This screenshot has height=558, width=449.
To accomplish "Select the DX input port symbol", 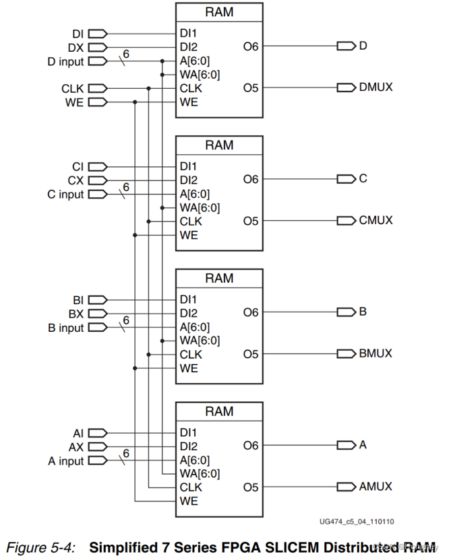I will pos(97,47).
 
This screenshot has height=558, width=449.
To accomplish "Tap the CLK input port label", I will pos(73,88).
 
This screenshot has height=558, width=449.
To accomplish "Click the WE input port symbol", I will pos(97,102).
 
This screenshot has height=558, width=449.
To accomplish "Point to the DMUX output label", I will pos(376,88).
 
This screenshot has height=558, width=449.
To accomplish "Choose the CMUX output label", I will pos(376,221).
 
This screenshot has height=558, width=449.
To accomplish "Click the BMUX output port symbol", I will pos(347,353).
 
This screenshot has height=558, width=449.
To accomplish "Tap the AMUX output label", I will pos(376,487).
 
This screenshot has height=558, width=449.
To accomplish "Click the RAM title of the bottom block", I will pos(219,411).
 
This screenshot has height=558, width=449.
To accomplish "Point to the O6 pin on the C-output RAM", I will pos(251,179).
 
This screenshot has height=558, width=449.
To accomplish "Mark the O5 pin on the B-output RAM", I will pos(251,353).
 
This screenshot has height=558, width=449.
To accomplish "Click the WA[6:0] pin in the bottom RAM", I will pos(199,474).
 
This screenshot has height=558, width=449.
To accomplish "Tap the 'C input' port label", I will pos(65,195).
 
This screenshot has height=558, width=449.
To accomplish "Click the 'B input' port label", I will pos(65,328).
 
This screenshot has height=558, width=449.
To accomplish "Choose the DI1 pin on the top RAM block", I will pos(188,33).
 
